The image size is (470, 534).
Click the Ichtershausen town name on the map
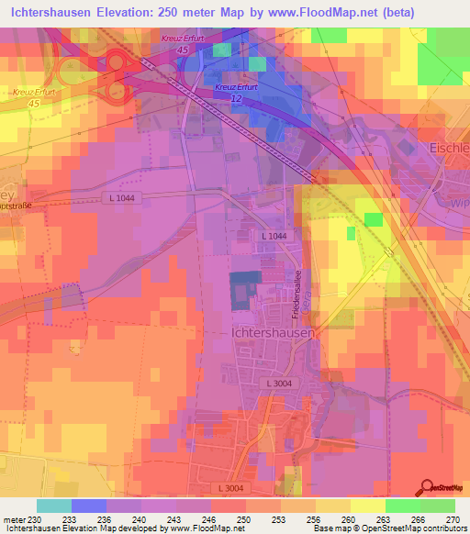click(269, 333)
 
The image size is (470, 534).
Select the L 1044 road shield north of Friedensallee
click(274, 237)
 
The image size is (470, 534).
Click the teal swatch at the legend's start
click(54, 506)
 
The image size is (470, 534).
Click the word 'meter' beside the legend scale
click(13, 519)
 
